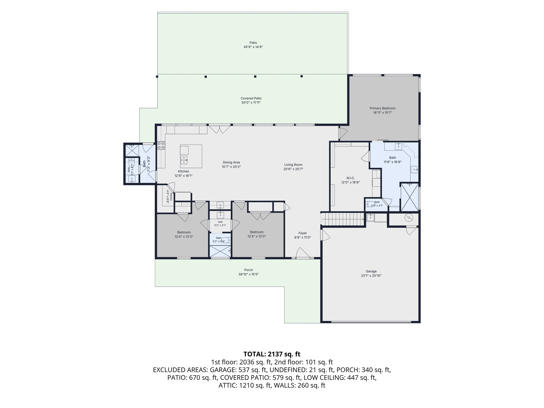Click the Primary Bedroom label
382,108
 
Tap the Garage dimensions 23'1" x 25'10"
371,276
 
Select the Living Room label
293,165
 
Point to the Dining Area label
231,163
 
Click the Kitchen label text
184,171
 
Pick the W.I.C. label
351,178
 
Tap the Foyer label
303,233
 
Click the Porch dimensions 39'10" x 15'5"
249,274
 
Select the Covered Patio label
251,98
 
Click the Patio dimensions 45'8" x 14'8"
253,47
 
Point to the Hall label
220,222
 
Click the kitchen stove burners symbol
161,145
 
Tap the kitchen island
191,156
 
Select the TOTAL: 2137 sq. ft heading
272,354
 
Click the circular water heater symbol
409,218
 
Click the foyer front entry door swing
303,253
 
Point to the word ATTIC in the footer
227,385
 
